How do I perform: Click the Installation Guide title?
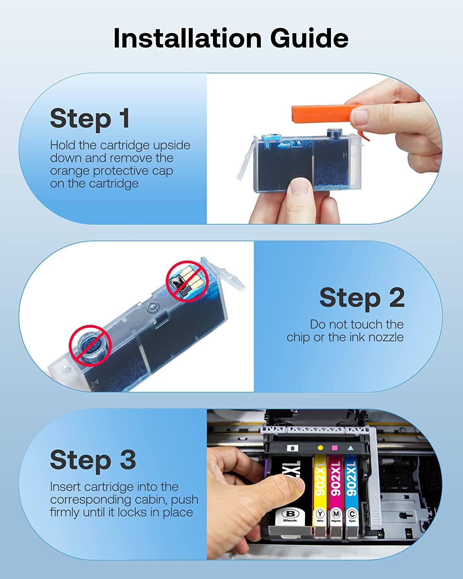point(231,38)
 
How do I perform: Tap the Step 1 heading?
point(90,119)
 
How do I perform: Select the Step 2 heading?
point(362,298)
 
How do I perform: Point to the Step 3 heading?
point(93,460)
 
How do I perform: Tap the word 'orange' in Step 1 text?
point(70,171)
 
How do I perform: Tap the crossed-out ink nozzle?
point(90,345)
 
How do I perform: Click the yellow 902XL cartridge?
point(320,499)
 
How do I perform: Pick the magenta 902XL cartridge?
point(336,499)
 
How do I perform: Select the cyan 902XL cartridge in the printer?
point(351,499)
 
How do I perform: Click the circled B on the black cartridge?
point(290,514)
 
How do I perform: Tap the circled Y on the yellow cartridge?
point(320,514)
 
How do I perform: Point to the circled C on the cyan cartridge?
point(351,514)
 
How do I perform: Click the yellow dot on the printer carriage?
point(320,448)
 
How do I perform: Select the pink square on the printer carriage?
point(335,448)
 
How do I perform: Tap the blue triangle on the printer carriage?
point(350,448)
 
